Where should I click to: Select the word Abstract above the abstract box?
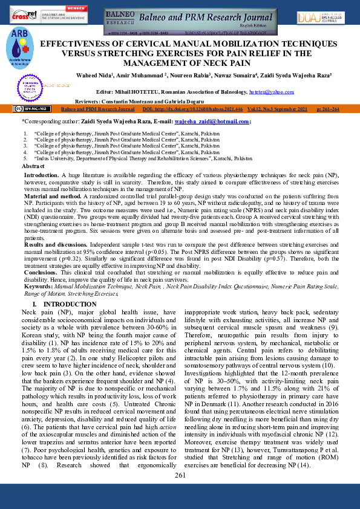click(x=33, y=166)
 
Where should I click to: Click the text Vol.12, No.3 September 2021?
click(x=281, y=109)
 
